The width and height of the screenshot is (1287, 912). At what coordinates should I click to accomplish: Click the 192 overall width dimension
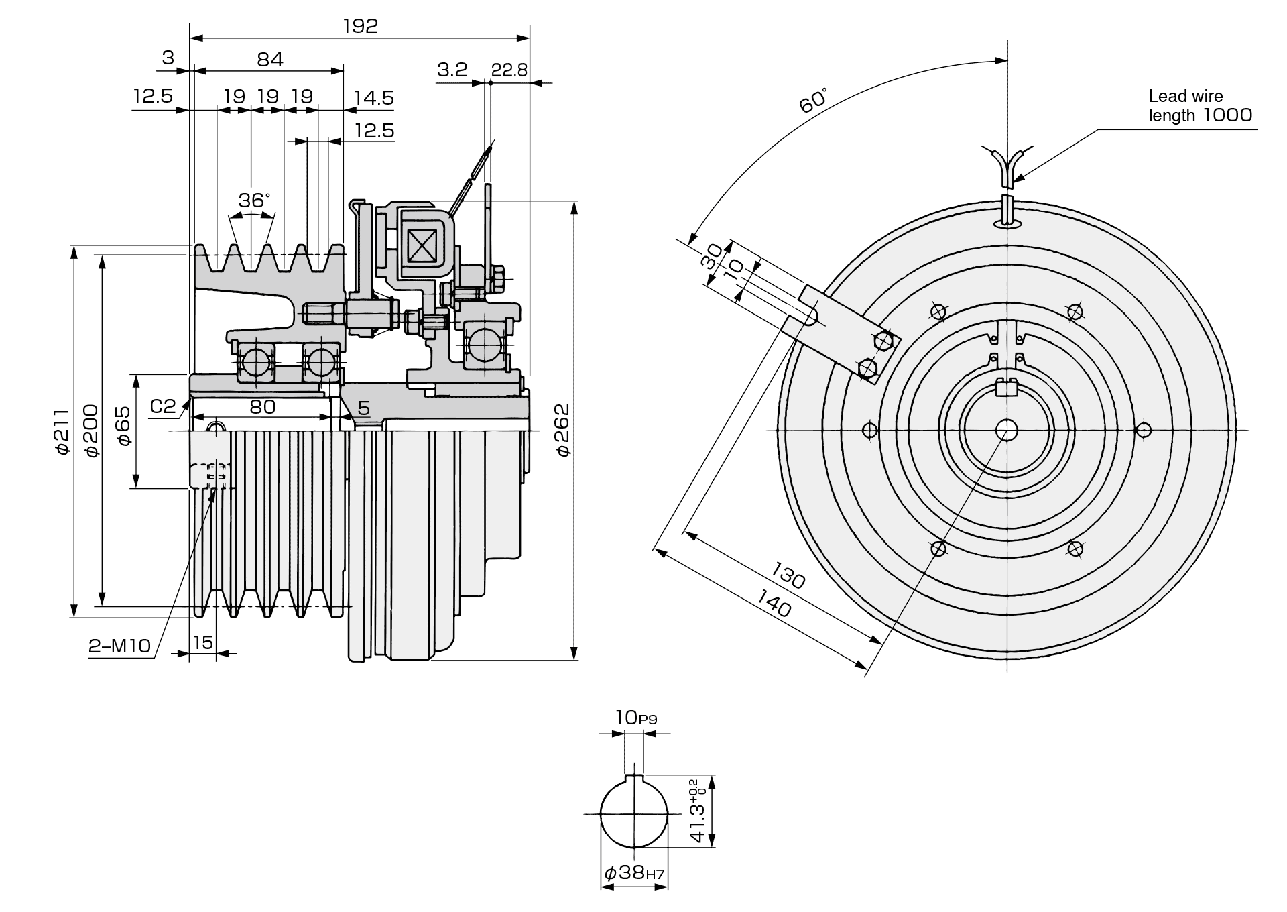tap(360, 26)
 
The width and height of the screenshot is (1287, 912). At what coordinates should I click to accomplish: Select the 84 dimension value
tap(270, 60)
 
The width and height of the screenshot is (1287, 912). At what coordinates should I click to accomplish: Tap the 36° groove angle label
tap(254, 201)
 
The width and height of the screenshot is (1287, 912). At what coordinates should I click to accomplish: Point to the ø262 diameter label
tap(562, 430)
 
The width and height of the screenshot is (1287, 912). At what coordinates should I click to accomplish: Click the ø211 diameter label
tap(62, 431)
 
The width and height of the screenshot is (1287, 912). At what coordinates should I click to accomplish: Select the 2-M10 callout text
tap(120, 646)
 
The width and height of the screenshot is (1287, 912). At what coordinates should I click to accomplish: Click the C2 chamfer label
tap(163, 406)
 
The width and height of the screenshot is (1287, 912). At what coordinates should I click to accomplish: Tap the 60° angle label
tap(813, 99)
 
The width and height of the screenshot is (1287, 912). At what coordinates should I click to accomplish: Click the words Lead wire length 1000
tap(1199, 106)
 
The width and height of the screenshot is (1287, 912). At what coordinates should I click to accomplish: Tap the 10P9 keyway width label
tap(635, 718)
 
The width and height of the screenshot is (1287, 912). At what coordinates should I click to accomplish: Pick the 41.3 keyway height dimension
tap(697, 811)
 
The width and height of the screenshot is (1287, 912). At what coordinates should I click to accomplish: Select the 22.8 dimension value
tap(509, 70)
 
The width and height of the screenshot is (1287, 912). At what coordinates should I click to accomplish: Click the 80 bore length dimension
tap(262, 407)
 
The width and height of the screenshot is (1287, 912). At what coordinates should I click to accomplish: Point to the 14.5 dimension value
tap(373, 98)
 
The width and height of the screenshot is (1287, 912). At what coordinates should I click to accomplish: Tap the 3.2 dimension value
tap(452, 70)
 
